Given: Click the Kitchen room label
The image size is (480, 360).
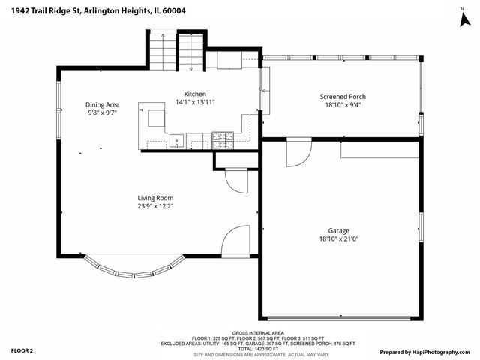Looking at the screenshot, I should click(x=190, y=94).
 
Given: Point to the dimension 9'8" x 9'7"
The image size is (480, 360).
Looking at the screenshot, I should click(x=103, y=113).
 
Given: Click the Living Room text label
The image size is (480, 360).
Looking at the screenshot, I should click(x=155, y=198).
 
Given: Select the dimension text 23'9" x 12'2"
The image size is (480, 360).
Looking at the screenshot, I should click(x=155, y=206).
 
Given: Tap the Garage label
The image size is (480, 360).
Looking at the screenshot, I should click(x=339, y=231).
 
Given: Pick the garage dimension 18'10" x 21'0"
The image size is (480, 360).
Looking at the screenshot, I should click(x=339, y=239).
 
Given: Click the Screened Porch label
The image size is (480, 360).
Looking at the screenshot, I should click(x=343, y=97).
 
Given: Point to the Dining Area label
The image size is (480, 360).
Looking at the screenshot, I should click(x=103, y=105).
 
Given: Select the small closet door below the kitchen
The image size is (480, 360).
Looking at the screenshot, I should click(x=235, y=181).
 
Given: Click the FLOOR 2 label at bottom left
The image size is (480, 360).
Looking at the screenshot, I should click(x=22, y=350).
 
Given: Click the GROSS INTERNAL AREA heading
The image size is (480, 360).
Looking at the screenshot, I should click(x=257, y=332).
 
